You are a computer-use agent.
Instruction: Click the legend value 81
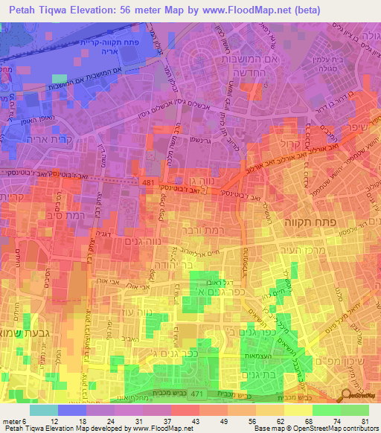tap(365, 423)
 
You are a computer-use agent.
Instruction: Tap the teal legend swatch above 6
tap(44, 410)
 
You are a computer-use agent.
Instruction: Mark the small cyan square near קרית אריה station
tap(60, 77)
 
